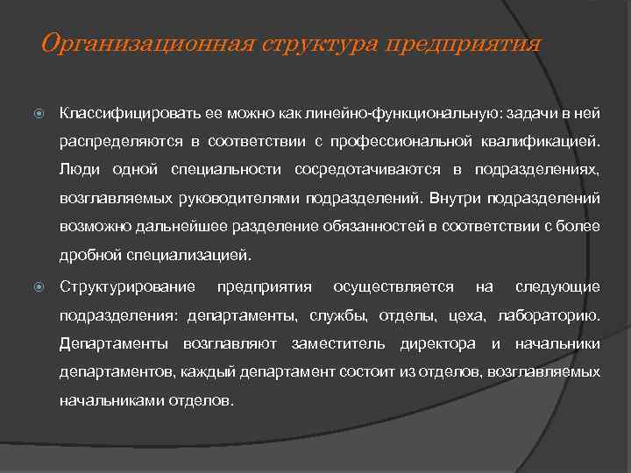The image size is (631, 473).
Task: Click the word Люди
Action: click(x=78, y=170)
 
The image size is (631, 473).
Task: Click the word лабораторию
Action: click(x=548, y=315)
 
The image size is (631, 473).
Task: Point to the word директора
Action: click(x=437, y=344)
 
